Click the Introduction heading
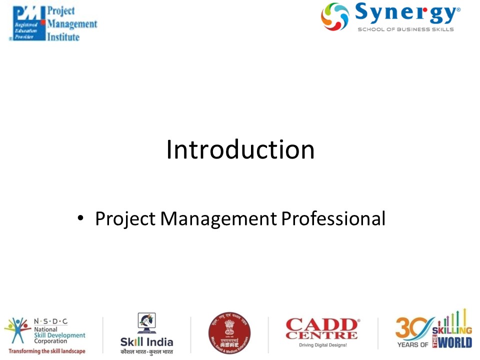pos(240,150)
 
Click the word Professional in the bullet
pos(332,218)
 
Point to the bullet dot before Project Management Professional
pos(80,219)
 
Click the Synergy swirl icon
pos(335,16)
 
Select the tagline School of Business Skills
pos(405,29)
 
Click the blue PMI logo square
pos(27,22)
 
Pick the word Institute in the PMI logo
pos(63,37)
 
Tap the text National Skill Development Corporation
pos(58,332)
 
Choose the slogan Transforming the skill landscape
pos(46,351)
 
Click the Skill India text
pos(146,342)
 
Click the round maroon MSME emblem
pos(229,333)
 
